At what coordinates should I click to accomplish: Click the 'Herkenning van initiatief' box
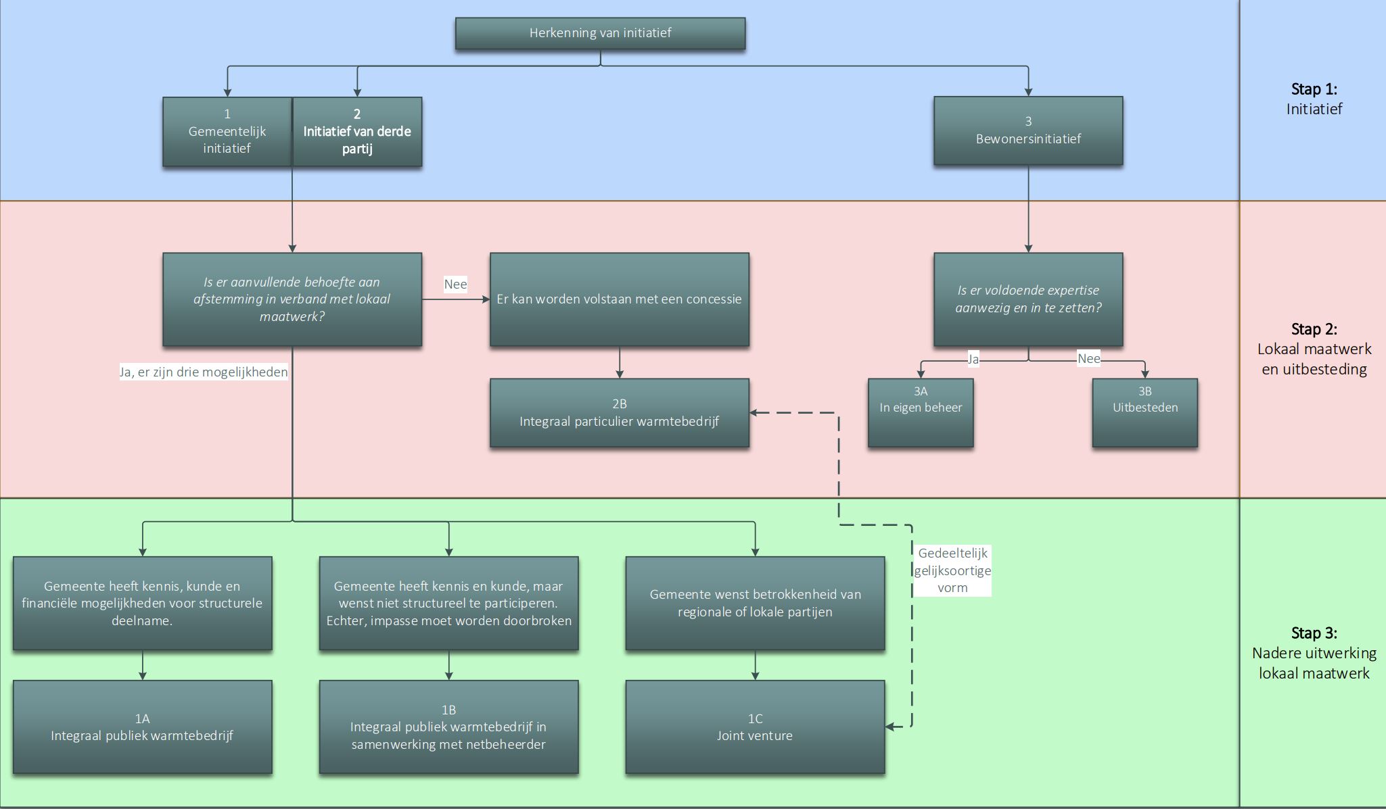pyautogui.click(x=600, y=33)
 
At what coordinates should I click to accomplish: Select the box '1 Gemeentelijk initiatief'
pyautogui.click(x=227, y=132)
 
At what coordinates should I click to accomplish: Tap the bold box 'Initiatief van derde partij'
pyautogui.click(x=357, y=132)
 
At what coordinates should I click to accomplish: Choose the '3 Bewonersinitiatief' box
pyautogui.click(x=1028, y=130)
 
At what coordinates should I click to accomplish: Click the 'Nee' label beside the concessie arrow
pyautogui.click(x=455, y=284)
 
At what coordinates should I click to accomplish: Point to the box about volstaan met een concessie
pyautogui.click(x=619, y=299)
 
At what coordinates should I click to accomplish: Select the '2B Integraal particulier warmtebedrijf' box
pyautogui.click(x=619, y=412)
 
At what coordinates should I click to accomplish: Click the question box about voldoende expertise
pyautogui.click(x=1028, y=299)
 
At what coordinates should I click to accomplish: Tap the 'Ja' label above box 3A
pyautogui.click(x=973, y=359)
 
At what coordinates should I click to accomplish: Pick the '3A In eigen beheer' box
pyautogui.click(x=921, y=412)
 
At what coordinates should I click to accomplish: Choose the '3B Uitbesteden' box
pyautogui.click(x=1145, y=412)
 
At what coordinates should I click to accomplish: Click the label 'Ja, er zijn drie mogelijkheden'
pyautogui.click(x=204, y=372)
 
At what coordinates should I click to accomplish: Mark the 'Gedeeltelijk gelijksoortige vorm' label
pyautogui.click(x=952, y=570)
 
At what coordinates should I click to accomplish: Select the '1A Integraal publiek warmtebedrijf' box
pyautogui.click(x=142, y=727)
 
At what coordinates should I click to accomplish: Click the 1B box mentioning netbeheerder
pyautogui.click(x=448, y=727)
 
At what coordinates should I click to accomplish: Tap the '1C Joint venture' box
pyautogui.click(x=755, y=727)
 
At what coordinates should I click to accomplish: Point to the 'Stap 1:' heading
pyautogui.click(x=1314, y=89)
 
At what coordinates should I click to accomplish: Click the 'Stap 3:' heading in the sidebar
pyautogui.click(x=1314, y=633)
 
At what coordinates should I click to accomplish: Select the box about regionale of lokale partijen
pyautogui.click(x=755, y=603)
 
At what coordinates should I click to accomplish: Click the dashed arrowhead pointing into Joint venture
pyautogui.click(x=891, y=727)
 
